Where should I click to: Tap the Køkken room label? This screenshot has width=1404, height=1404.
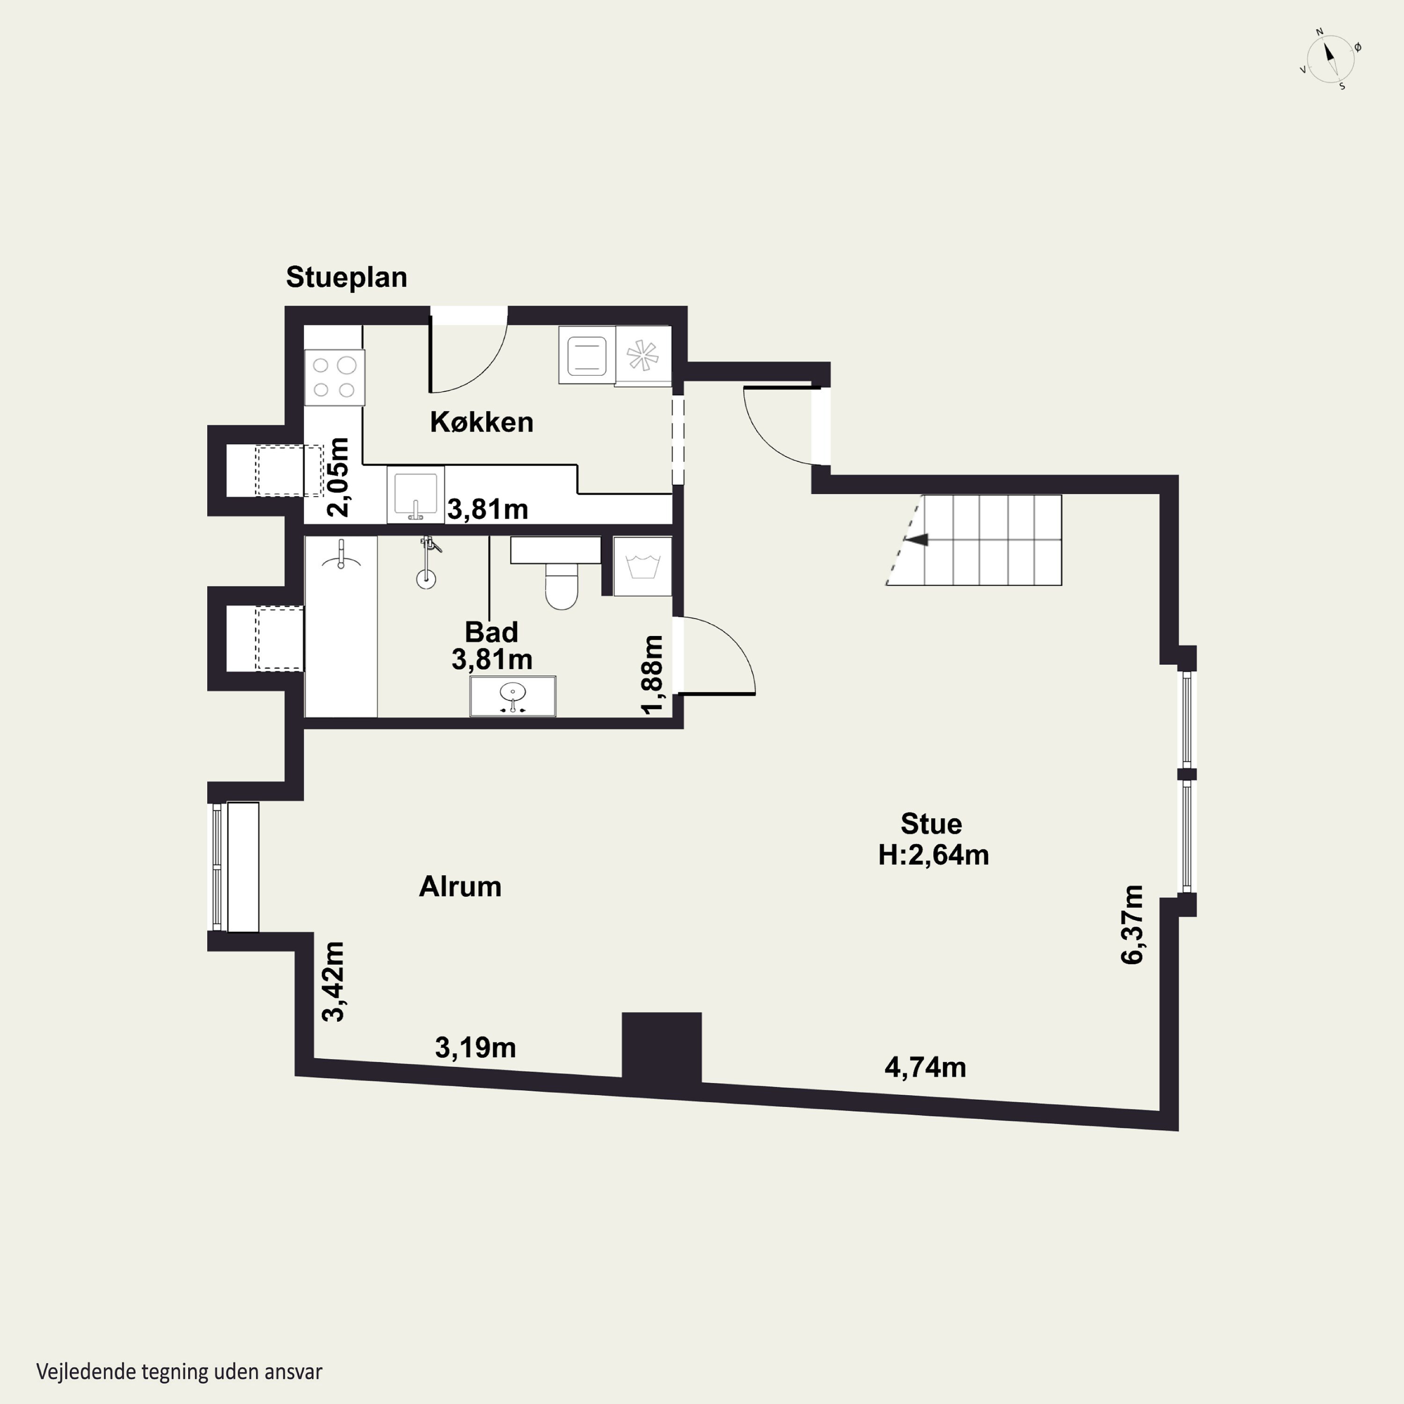(x=482, y=422)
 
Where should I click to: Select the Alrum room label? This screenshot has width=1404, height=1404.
(x=460, y=886)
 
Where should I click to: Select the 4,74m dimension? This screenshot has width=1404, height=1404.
(x=925, y=1067)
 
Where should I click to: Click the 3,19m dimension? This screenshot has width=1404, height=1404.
(x=475, y=1047)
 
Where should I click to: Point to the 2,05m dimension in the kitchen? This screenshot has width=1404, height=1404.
(x=338, y=477)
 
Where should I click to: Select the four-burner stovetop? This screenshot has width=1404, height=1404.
(x=334, y=377)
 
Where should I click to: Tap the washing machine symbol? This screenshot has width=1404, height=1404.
(x=643, y=566)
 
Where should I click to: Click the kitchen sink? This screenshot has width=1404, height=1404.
(x=416, y=494)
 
